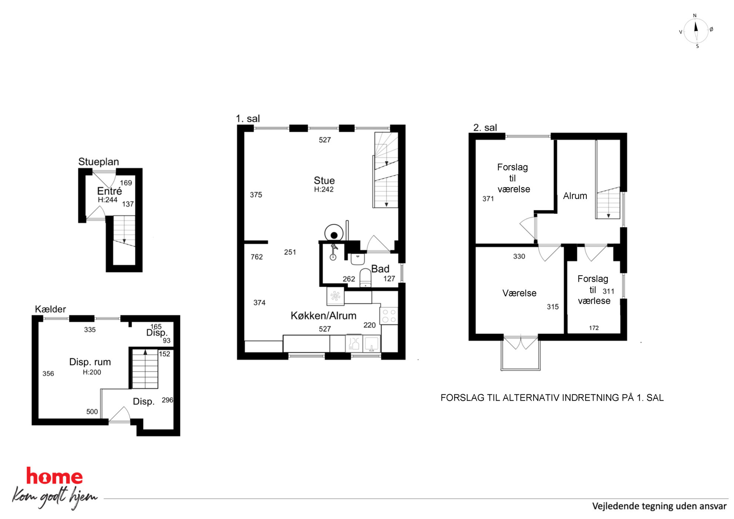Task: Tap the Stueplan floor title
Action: [98, 162]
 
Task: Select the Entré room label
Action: [109, 191]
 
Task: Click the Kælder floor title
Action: [50, 309]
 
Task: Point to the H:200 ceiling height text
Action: [92, 372]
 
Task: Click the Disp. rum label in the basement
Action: [90, 362]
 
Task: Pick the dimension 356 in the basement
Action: [48, 374]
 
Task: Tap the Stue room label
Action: [324, 181]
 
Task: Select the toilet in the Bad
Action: [366, 278]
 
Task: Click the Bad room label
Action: [380, 269]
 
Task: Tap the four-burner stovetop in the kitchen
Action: [389, 316]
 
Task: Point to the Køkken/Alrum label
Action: [323, 316]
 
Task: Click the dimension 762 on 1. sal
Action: [256, 257]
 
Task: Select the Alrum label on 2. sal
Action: [575, 196]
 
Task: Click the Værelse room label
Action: [519, 293]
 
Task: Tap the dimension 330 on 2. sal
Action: [519, 256]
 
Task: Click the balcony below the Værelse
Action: [521, 354]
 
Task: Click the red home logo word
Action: [54, 476]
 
